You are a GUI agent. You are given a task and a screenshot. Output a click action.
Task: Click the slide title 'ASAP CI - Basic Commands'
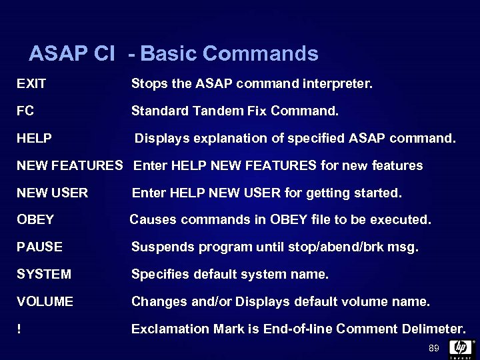point(173,53)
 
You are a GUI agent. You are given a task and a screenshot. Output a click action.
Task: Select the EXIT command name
point(31,84)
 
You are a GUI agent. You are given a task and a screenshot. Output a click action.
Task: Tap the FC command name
point(25,111)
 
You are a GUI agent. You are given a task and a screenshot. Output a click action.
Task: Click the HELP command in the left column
point(34,139)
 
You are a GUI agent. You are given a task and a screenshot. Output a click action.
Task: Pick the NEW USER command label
point(52,193)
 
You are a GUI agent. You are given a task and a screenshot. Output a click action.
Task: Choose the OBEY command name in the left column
point(35,219)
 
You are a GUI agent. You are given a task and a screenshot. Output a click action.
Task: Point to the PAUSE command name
point(39,247)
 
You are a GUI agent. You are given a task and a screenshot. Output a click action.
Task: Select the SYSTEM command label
point(43,274)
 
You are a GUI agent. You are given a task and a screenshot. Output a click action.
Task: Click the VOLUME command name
point(45,301)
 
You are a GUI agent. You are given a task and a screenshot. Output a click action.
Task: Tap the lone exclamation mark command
point(19,329)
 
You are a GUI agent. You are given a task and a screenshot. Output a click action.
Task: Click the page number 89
point(434,348)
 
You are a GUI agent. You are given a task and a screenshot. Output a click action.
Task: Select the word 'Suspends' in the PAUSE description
point(157,247)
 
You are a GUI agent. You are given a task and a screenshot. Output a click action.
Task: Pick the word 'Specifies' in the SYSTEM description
point(157,274)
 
